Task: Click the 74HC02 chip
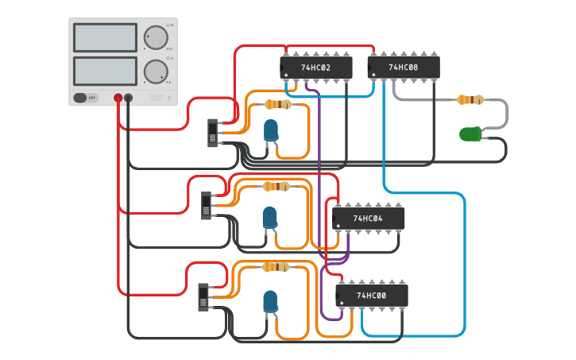point(315,68)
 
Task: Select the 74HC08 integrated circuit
point(403,68)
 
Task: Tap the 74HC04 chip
point(368,219)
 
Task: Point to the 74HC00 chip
point(371,296)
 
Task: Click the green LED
point(470,134)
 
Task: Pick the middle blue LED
point(270,216)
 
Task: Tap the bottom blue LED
point(271,300)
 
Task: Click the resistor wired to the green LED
point(470,100)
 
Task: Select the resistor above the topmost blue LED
point(277,104)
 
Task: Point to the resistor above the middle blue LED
point(276,187)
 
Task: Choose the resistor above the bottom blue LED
point(276,267)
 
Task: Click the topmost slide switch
point(212,133)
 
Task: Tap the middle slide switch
point(207,205)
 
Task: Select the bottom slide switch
point(203,296)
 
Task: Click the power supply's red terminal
point(118,98)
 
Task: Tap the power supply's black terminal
point(128,98)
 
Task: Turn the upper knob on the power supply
point(156,37)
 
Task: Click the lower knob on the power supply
point(156,71)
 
